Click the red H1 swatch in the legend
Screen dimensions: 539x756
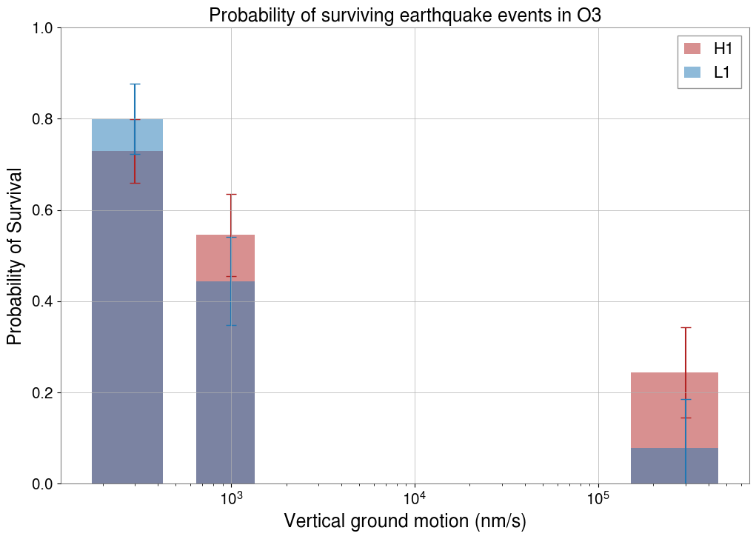click(692, 49)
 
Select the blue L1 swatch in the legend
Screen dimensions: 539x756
click(692, 72)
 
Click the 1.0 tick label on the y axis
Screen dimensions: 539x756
click(44, 28)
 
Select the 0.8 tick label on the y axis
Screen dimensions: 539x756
click(44, 119)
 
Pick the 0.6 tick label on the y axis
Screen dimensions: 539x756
click(44, 210)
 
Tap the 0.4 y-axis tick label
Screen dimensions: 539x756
click(44, 301)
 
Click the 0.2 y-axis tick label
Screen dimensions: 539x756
click(44, 392)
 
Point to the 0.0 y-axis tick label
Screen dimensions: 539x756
click(44, 483)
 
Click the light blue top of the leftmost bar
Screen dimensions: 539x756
click(111, 135)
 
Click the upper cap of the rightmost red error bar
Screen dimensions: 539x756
click(686, 327)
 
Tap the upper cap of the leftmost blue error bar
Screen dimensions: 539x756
click(135, 84)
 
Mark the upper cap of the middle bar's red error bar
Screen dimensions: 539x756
click(231, 194)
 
